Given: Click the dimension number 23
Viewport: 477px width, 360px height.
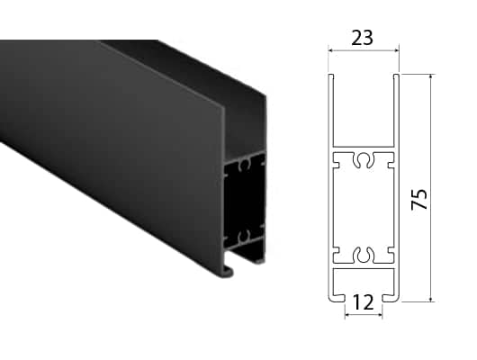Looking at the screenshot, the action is [x=362, y=38].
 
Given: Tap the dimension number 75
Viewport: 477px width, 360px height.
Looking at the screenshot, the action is [x=419, y=199].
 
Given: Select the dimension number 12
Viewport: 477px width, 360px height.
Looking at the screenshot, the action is [x=364, y=302].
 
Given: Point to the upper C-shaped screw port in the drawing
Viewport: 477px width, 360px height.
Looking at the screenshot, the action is [x=364, y=159].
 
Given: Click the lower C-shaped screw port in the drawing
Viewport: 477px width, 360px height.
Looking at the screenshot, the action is [x=364, y=255].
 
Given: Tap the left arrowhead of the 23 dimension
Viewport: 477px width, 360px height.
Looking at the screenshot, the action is [x=331, y=50].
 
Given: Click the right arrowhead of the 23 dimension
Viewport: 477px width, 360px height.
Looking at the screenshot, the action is [x=396, y=50].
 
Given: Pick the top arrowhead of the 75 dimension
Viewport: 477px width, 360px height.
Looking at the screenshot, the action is [x=430, y=77].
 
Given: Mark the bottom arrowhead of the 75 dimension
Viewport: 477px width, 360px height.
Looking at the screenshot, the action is [x=430, y=299].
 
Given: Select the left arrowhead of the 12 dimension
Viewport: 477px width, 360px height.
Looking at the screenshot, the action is [x=348, y=315].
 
